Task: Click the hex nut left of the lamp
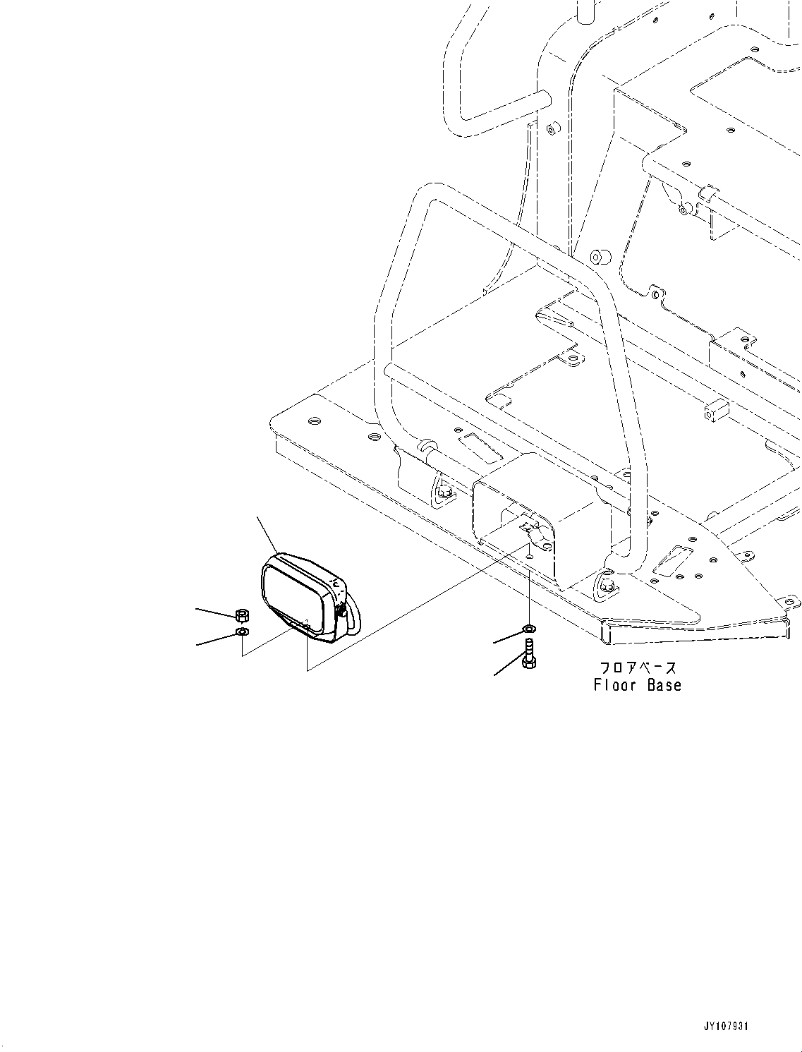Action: [x=241, y=614]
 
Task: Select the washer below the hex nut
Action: [x=241, y=631]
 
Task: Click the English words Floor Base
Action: [x=637, y=685]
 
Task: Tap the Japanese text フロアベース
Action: [x=637, y=667]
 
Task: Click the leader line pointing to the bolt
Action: [x=507, y=667]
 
